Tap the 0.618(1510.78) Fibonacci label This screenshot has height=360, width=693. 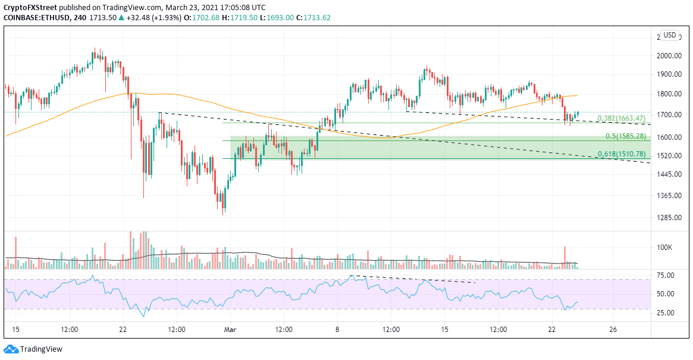(622, 155)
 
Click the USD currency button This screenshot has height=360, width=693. (670, 35)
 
